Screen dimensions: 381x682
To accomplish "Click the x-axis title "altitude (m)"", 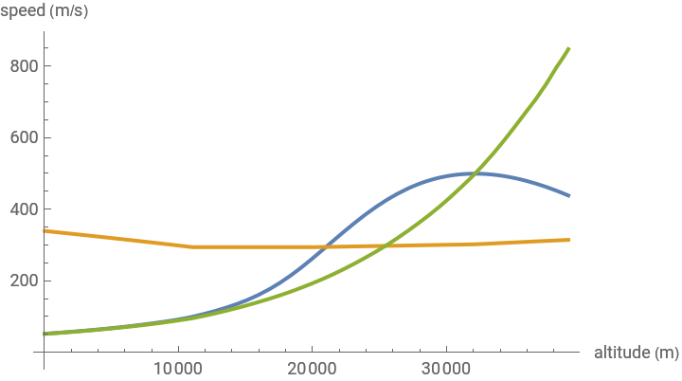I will [x=636, y=353].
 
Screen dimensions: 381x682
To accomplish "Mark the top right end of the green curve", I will [x=568, y=48].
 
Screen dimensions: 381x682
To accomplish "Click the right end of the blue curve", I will [x=568, y=195].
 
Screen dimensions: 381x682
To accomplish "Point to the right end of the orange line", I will [x=568, y=240].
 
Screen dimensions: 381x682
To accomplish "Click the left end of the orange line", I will [x=45, y=230].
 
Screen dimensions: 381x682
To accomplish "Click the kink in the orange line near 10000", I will [x=188, y=246].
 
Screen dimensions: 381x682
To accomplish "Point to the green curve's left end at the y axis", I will [x=45, y=334].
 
